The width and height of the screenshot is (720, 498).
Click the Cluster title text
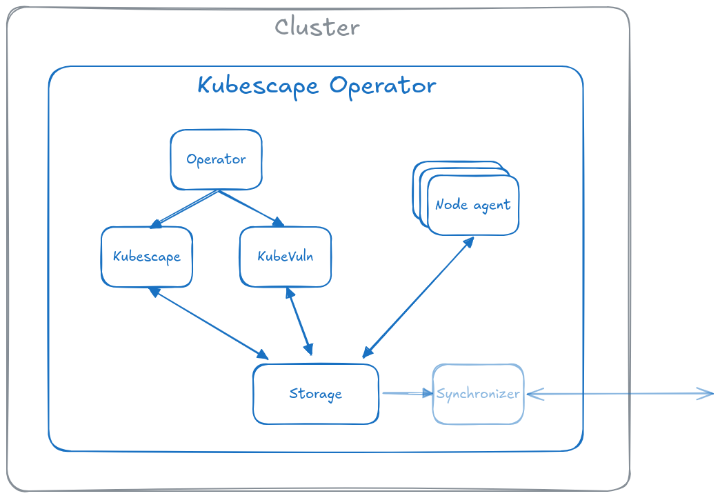317,27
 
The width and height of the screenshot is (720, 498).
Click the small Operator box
216,159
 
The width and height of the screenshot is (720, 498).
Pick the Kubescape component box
146,257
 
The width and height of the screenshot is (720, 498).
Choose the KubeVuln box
285,257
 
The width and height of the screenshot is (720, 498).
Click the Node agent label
472,205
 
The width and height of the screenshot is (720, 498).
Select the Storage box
315,394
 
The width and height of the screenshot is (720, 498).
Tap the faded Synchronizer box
478,394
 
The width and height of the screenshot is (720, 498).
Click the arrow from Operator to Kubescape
185,209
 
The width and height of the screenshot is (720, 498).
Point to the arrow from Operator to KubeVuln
250,208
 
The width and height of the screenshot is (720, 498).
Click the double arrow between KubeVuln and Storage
299,321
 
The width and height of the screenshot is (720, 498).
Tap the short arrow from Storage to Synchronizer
407,393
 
